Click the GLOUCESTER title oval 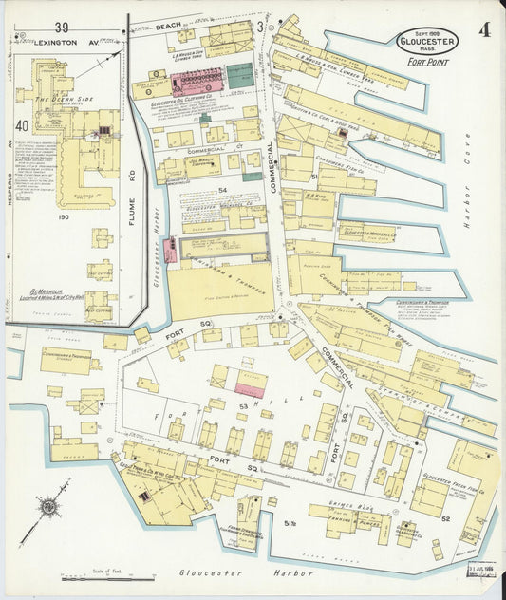427,40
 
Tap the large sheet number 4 484,29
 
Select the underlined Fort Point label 428,63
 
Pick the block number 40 22,124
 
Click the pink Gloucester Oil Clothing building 196,79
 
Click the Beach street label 168,24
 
